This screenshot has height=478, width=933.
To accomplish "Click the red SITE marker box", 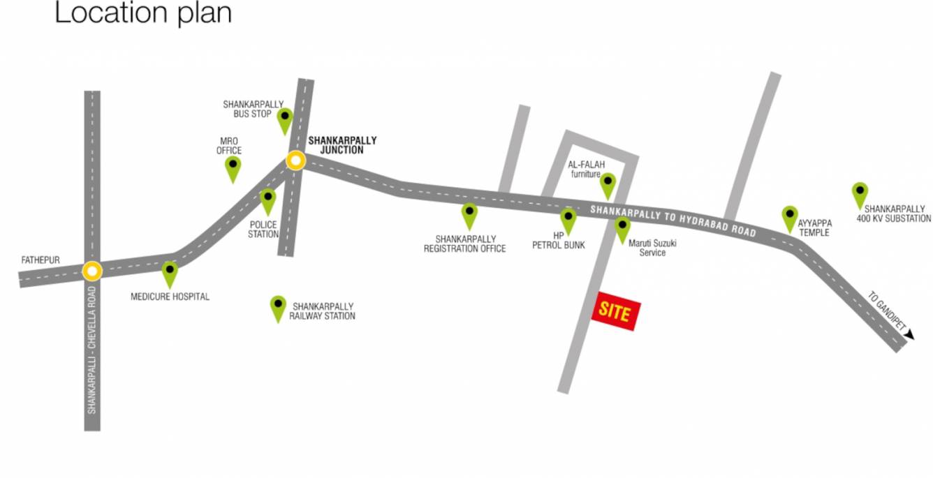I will (615, 312).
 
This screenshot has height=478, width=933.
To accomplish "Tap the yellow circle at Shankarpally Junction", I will (295, 161).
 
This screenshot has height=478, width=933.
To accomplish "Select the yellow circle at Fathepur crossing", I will (92, 270).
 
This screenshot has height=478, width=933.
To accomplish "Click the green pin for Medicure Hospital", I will (170, 273).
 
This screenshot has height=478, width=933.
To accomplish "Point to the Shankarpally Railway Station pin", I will (279, 307).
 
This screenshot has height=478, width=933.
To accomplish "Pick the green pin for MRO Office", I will (233, 167).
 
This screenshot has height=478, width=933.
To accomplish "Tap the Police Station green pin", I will (268, 200).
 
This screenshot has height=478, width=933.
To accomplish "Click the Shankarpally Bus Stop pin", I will (284, 119).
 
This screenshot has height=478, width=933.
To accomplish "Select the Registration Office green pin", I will (469, 214).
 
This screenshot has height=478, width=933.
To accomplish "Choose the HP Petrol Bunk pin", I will (568, 219).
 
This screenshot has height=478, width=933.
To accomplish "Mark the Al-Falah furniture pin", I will (608, 185).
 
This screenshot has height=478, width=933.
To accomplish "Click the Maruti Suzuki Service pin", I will (622, 228).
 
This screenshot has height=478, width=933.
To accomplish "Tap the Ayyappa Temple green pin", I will (789, 217).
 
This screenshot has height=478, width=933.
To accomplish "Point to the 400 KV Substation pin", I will (860, 194).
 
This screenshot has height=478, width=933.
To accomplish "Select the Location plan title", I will (142, 13).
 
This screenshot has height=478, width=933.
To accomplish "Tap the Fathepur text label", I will (41, 260).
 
